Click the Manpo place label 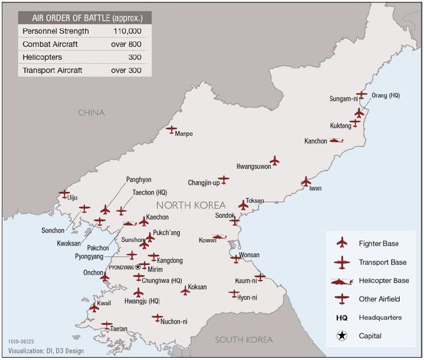[184, 134]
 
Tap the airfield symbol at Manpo [171, 129]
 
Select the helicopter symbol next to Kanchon [337, 140]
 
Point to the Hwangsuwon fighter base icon [274, 161]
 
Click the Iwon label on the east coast [315, 188]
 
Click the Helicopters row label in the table [43, 57]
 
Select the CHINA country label [91, 113]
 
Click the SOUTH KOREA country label [244, 339]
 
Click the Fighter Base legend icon [341, 243]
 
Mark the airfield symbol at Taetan [107, 324]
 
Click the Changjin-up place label [204, 182]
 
